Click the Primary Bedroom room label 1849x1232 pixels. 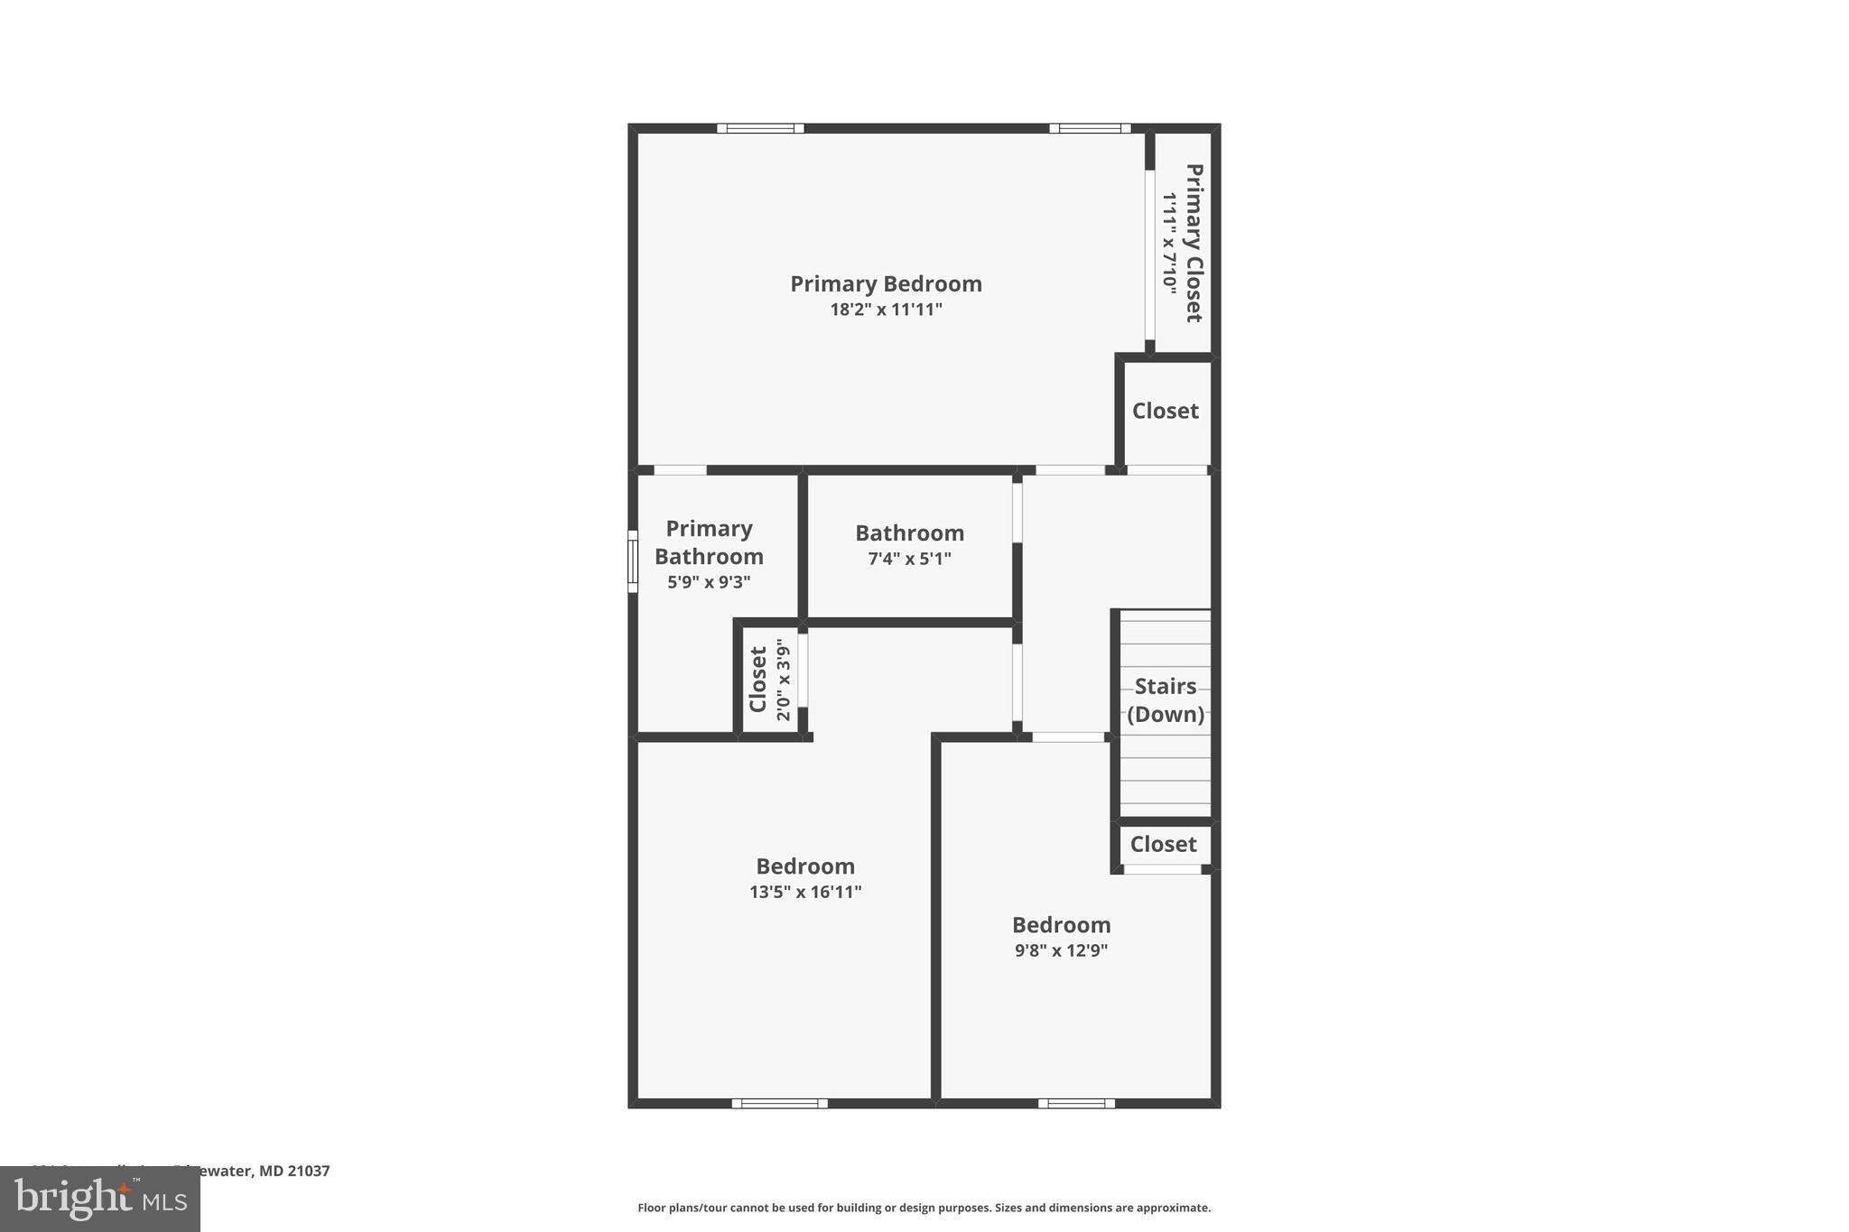tap(886, 283)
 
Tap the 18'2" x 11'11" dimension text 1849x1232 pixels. tap(886, 310)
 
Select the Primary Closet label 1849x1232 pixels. tap(1194, 243)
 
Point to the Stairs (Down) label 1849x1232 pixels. tap(1166, 700)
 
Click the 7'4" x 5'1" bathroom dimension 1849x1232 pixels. tap(909, 559)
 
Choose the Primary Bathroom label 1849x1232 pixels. tap(709, 542)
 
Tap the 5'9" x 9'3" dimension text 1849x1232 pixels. tap(709, 582)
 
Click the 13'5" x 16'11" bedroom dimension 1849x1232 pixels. tap(805, 892)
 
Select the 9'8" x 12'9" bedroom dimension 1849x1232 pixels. tap(1061, 950)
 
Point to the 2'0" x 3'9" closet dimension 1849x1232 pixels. tap(783, 680)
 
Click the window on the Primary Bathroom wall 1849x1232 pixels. tap(633, 561)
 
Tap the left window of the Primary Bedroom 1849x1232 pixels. tap(760, 128)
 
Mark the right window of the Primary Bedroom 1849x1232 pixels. tap(1090, 128)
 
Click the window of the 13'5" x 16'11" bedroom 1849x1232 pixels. tap(779, 1103)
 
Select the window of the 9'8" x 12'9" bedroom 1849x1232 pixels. tap(1076, 1103)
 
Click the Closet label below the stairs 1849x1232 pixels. tap(1163, 844)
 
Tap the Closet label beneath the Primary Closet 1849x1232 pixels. tap(1165, 411)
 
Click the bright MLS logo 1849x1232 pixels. tap(100, 1199)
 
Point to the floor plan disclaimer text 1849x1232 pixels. tap(924, 1208)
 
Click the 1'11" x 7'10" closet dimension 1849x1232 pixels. tap(1170, 243)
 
